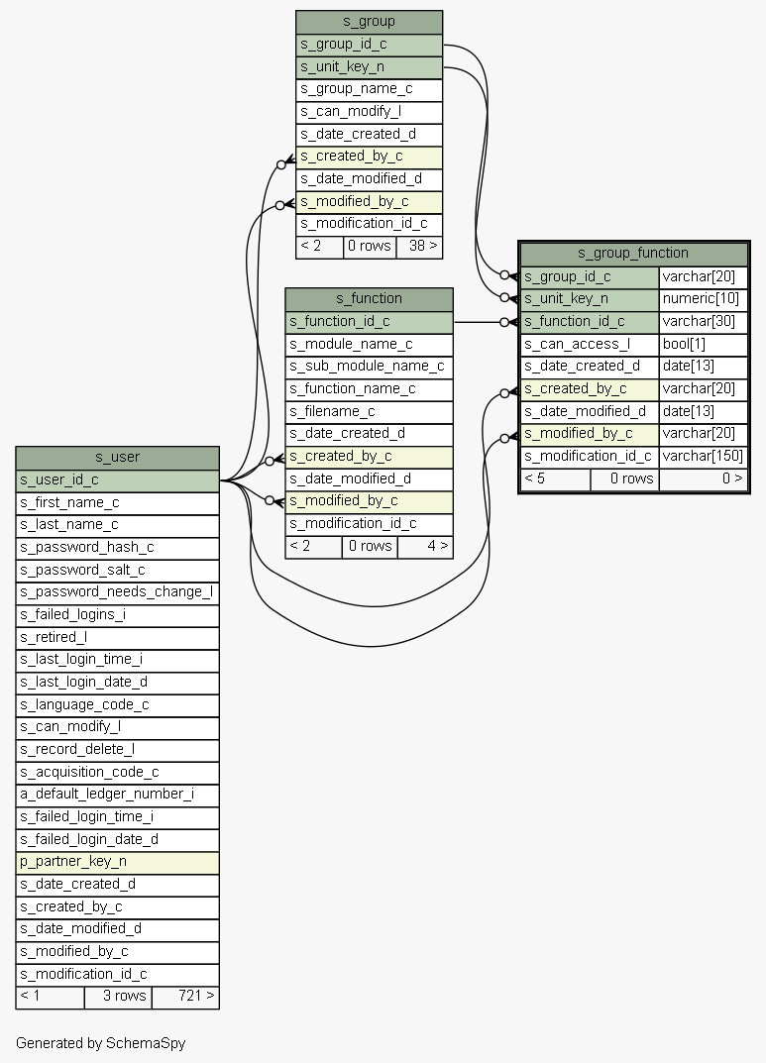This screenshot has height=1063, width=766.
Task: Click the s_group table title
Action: [369, 22]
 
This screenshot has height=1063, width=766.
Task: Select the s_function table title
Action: [369, 298]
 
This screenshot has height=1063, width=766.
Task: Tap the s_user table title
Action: [117, 457]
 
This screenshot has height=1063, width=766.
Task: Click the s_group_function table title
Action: [633, 253]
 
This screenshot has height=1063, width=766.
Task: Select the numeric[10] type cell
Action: [703, 298]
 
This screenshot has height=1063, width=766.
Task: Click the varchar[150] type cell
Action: [703, 456]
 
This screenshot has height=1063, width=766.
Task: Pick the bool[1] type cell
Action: [703, 344]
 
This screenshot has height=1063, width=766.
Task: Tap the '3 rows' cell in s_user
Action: [118, 996]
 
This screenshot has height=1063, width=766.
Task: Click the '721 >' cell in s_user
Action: [185, 996]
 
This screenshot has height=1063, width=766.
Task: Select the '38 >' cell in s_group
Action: [419, 246]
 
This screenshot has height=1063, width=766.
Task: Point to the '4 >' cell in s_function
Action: [425, 546]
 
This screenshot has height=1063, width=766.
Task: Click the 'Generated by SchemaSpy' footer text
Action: [100, 1043]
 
